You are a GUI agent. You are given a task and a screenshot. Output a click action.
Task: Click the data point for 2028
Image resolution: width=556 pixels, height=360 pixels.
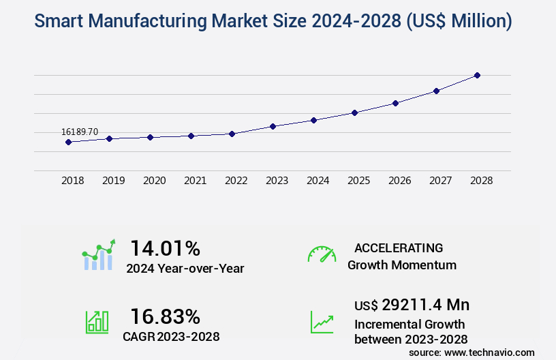pyautogui.click(x=477, y=75)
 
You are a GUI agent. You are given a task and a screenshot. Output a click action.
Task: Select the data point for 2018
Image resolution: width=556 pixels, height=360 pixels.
pyautogui.click(x=68, y=142)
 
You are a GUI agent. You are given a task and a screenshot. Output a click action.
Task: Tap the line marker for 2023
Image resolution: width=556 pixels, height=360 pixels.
pyautogui.click(x=273, y=126)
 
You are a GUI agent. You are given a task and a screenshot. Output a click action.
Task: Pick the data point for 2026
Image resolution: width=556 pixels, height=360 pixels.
pyautogui.click(x=395, y=103)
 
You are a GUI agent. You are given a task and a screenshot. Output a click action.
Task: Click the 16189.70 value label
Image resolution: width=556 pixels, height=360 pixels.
pyautogui.click(x=80, y=132)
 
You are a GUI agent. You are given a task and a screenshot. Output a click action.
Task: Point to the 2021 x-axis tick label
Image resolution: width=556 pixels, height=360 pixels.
pyautogui.click(x=196, y=181)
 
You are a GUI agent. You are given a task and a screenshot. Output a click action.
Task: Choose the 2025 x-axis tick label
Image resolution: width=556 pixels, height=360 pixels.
pyautogui.click(x=359, y=181)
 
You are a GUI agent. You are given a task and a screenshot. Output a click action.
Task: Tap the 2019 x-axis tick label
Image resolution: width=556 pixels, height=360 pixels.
pyautogui.click(x=114, y=181)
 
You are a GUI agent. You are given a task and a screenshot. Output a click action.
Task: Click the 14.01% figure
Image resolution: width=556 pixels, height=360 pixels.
pyautogui.click(x=165, y=248)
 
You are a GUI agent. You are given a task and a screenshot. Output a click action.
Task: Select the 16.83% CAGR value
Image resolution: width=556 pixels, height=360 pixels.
pyautogui.click(x=165, y=316)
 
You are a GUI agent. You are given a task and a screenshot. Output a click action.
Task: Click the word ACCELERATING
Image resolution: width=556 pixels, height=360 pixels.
pyautogui.click(x=399, y=248)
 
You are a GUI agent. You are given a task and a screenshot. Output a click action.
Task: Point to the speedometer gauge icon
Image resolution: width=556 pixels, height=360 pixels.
pyautogui.click(x=322, y=254)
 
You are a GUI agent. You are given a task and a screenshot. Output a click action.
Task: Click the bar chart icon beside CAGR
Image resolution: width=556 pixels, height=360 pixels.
pyautogui.click(x=97, y=322)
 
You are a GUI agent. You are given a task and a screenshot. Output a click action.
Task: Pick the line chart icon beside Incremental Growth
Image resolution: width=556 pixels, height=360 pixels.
pyautogui.click(x=322, y=322)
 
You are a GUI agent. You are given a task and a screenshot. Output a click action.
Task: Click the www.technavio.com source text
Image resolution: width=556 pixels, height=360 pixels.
pyautogui.click(x=489, y=352)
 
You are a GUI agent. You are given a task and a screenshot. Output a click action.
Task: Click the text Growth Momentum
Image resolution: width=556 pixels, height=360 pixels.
pyautogui.click(x=402, y=265)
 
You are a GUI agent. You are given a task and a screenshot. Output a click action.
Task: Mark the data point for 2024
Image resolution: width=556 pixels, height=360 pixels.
pyautogui.click(x=313, y=120)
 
